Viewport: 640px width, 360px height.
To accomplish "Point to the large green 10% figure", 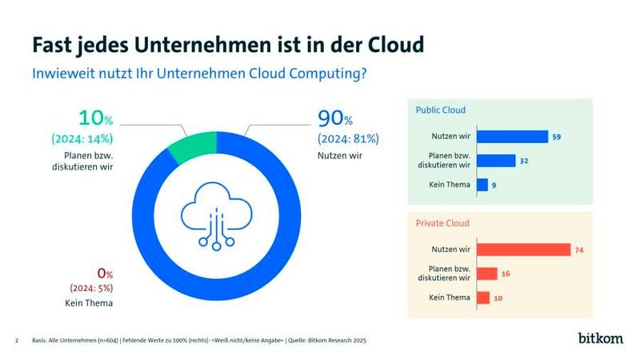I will (97, 120).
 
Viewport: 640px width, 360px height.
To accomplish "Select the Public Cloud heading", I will (440, 110).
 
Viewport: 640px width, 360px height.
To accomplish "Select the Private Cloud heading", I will (442, 223).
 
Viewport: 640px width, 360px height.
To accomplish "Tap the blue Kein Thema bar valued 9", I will (482, 185).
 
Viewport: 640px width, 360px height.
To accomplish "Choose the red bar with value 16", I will (487, 274).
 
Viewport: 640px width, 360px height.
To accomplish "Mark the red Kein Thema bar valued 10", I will (483, 298).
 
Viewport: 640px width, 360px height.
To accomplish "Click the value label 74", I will (578, 250).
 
